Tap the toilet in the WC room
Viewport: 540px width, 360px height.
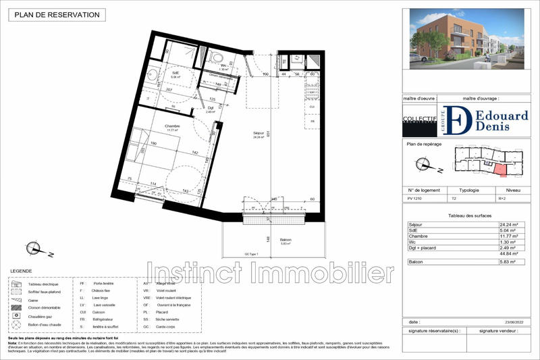click(x=215, y=56)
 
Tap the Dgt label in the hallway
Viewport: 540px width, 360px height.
click(x=211, y=108)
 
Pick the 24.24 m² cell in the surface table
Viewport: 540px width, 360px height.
click(x=508, y=224)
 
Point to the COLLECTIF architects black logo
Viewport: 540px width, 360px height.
click(x=416, y=120)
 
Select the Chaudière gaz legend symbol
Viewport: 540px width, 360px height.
click(x=16, y=315)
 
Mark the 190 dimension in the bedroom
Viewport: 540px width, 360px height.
click(x=153, y=144)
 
